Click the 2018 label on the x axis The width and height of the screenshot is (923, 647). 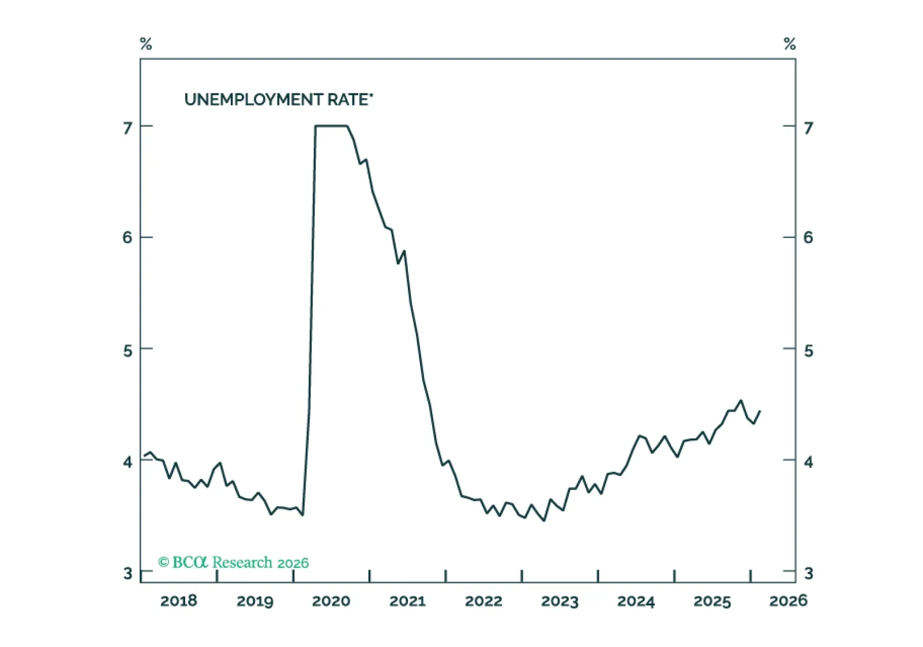pyautogui.click(x=178, y=601)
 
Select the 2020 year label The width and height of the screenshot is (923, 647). pyautogui.click(x=331, y=601)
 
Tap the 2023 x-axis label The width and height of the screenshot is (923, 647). pyautogui.click(x=560, y=601)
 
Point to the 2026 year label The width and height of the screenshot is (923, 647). pyautogui.click(x=788, y=601)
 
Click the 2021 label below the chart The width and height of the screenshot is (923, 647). pyautogui.click(x=407, y=601)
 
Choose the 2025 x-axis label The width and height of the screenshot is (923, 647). pyautogui.click(x=712, y=601)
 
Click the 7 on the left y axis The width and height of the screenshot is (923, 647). pyautogui.click(x=127, y=128)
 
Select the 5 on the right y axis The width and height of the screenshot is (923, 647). pyautogui.click(x=808, y=351)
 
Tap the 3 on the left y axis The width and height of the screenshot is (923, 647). pyautogui.click(x=127, y=573)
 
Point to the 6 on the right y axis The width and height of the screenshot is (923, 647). pyautogui.click(x=808, y=238)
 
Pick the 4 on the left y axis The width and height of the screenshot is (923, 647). pyautogui.click(x=127, y=462)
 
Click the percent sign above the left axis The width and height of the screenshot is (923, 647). pyautogui.click(x=146, y=43)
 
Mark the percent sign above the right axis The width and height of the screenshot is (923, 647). pyautogui.click(x=790, y=43)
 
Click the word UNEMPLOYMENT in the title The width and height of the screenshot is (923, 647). pyautogui.click(x=253, y=99)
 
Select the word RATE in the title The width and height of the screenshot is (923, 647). pyautogui.click(x=347, y=99)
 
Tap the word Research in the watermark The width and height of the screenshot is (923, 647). pyautogui.click(x=242, y=563)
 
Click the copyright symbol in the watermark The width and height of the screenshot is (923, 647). pyautogui.click(x=164, y=562)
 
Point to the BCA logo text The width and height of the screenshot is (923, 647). pyautogui.click(x=190, y=562)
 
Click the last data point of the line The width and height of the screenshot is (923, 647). pyautogui.click(x=760, y=411)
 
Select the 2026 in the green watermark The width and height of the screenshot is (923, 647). pyautogui.click(x=293, y=563)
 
